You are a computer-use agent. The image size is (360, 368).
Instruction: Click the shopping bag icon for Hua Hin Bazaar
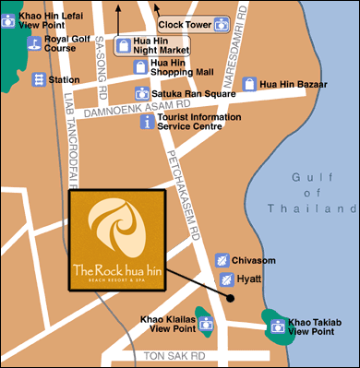(248, 84)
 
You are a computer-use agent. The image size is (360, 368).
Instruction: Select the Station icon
(39, 80)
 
